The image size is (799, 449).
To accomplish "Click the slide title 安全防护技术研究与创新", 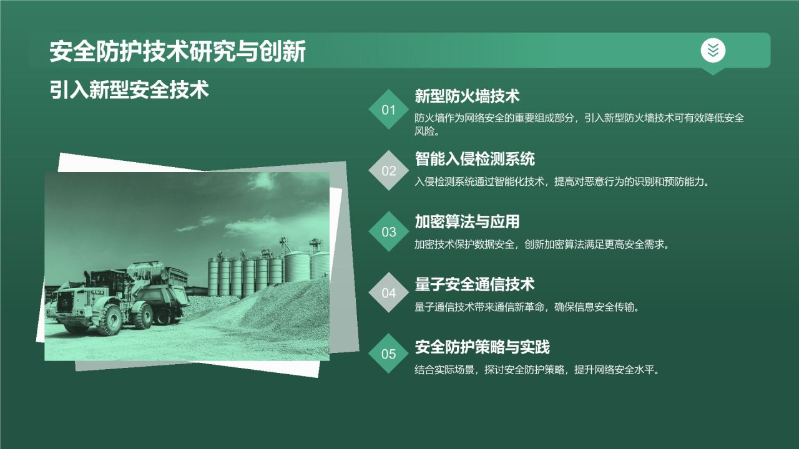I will (177, 52).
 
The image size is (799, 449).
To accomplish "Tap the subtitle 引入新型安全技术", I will (129, 90).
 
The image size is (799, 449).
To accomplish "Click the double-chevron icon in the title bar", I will (713, 51).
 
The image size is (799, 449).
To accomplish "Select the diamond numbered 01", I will (389, 110).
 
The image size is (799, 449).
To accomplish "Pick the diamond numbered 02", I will (389, 170).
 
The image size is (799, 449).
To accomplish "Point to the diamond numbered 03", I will (389, 232).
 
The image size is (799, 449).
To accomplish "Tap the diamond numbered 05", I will (389, 354).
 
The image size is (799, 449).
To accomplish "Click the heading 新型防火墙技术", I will (467, 96).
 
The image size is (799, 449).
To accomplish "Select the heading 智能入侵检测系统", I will (474, 158).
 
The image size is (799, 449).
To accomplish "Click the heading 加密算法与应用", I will (467, 221).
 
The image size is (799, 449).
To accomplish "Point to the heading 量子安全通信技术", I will (474, 284).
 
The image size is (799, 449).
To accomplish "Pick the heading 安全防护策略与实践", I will (482, 347).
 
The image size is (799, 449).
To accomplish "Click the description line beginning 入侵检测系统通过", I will (562, 182).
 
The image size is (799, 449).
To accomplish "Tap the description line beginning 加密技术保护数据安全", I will (542, 244).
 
